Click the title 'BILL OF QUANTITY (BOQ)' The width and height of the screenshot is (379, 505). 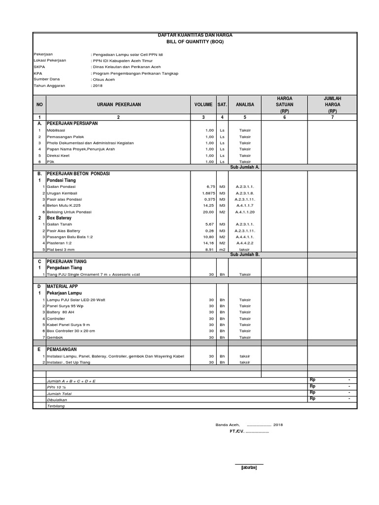[194, 42]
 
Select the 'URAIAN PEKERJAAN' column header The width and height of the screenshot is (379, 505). [118, 105]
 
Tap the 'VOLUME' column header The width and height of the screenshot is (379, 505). [203, 105]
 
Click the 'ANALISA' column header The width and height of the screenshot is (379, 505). [244, 105]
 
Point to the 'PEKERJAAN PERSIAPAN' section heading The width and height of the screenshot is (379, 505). [72, 123]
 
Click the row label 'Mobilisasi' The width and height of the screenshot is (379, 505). [56, 130]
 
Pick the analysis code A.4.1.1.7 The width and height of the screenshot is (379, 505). [244, 205]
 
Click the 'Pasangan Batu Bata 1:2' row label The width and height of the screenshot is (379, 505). [70, 237]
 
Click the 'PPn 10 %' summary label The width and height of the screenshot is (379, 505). [56, 388]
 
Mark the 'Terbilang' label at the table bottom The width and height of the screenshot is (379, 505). [55, 406]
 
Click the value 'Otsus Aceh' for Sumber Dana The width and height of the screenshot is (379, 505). [104, 79]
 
